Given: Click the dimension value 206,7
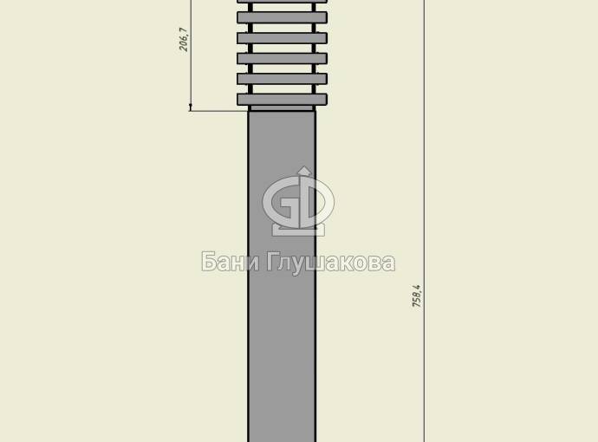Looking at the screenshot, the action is tap(184, 39).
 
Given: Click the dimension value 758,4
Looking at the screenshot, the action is tap(417, 296).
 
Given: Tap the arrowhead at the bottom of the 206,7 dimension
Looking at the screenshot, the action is tap(191, 107).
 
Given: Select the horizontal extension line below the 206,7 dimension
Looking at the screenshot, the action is tap(219, 111).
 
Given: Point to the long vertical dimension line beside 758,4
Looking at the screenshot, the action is tap(425, 221).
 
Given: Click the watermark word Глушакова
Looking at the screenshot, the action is tap(330, 263).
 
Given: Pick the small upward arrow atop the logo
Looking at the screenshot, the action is tap(304, 172).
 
